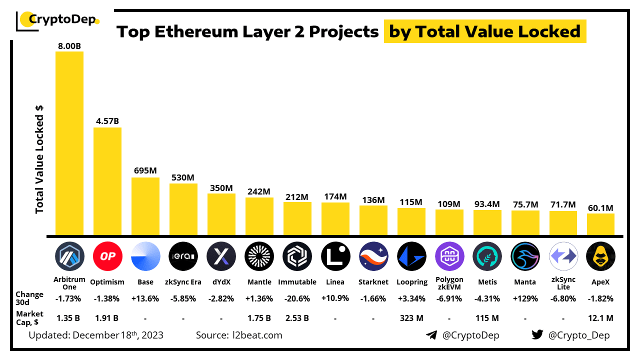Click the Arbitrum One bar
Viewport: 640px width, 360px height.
coord(69,143)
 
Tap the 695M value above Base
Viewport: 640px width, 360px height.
coord(145,170)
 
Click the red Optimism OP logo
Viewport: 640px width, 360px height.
coord(107,256)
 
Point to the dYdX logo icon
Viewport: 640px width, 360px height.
coord(221,256)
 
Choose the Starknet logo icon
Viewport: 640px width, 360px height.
coord(373,256)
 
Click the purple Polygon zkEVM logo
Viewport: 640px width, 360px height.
coord(449,256)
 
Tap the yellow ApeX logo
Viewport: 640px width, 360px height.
coord(600,256)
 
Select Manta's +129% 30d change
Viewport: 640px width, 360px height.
coord(525,298)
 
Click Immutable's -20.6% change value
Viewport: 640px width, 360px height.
coord(297,298)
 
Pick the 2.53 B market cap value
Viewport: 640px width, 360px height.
coord(297,317)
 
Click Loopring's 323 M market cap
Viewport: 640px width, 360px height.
coord(411,317)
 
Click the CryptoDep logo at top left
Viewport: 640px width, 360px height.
coord(57,20)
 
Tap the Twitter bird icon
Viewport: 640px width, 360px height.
coord(537,335)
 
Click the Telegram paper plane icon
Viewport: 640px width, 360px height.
coord(431,335)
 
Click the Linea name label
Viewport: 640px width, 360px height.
coord(335,282)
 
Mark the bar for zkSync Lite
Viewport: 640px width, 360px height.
coord(563,223)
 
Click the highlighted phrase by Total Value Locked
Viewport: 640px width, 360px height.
coord(484,32)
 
